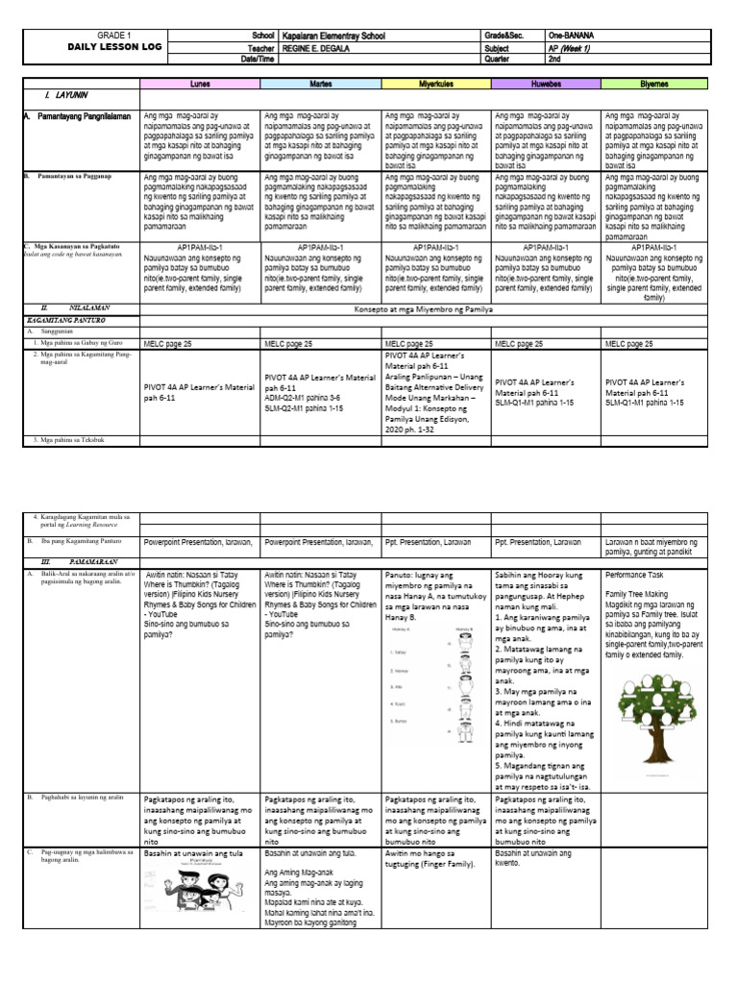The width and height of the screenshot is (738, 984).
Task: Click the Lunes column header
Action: pyautogui.click(x=200, y=85)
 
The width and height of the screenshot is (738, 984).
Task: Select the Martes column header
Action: pyautogui.click(x=321, y=85)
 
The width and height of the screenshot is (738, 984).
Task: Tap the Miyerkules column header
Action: pyautogui.click(x=435, y=85)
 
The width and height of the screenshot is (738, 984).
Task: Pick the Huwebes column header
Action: pyautogui.click(x=546, y=85)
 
